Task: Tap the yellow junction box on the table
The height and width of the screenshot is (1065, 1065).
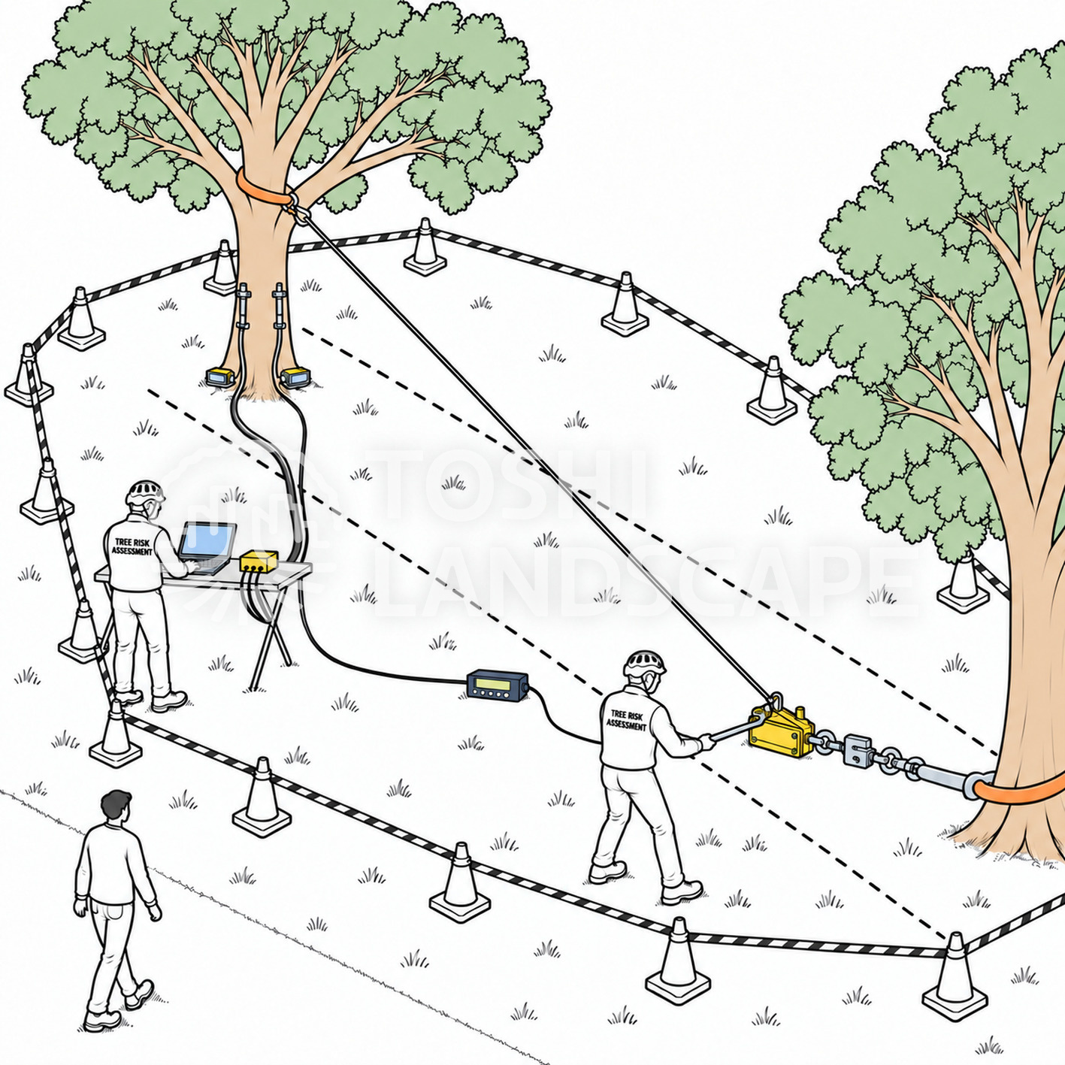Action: tap(258, 561)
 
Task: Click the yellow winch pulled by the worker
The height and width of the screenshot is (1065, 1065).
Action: tap(780, 730)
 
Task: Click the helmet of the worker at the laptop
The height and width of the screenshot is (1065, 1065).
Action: tap(145, 492)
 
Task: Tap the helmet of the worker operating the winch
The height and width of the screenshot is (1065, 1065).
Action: tap(644, 663)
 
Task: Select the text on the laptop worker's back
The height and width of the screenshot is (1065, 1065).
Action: tap(132, 546)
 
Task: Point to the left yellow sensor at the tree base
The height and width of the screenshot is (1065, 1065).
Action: tap(220, 377)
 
